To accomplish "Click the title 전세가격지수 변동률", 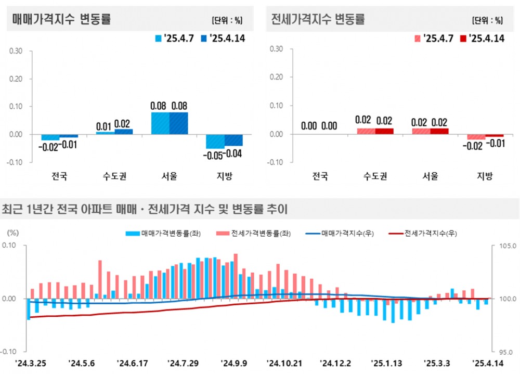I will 318,20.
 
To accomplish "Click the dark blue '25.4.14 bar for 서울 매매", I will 179,123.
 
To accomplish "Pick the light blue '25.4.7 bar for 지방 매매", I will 215,141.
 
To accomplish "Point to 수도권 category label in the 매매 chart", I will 114,176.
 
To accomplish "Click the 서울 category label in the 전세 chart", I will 430,176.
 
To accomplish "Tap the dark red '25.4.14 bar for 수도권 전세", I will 384,131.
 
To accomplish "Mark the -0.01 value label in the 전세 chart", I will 495,145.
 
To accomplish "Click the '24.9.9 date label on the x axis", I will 235,362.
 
